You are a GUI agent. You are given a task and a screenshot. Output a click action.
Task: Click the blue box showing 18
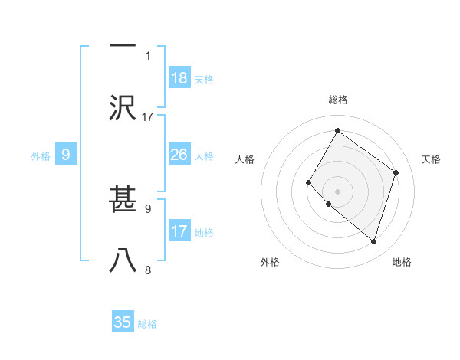[x=179, y=78]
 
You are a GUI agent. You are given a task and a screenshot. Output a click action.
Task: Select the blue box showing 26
[x=179, y=155]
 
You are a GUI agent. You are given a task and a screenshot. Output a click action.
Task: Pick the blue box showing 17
[x=179, y=231]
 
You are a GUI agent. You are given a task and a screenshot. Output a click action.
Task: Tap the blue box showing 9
[x=66, y=155]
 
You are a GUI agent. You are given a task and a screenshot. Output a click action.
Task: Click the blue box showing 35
[x=123, y=322]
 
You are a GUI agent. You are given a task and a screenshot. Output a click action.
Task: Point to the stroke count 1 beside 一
[x=148, y=55]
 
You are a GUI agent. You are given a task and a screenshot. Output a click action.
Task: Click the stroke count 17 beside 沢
[x=148, y=117]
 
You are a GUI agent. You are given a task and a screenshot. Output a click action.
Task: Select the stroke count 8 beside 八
[x=148, y=270]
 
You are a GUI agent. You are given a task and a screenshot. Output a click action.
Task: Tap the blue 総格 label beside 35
[x=147, y=324]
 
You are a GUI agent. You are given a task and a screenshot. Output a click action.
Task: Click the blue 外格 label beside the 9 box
[x=41, y=156]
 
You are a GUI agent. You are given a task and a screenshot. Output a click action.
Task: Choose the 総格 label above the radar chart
[x=337, y=100]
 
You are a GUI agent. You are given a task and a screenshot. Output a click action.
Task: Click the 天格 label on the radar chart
[x=431, y=159]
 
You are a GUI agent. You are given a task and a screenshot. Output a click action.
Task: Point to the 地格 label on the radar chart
[x=402, y=262]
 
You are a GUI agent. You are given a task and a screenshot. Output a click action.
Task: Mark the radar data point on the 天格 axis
[x=396, y=172]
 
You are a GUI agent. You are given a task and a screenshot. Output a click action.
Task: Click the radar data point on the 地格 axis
[x=373, y=241]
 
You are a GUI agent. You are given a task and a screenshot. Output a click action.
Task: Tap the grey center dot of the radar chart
[x=337, y=191]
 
